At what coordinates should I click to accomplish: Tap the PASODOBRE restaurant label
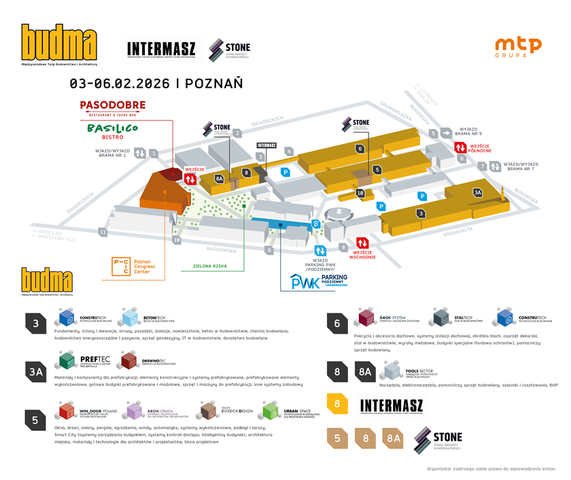coord(113,107)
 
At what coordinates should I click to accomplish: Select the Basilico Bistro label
coord(113,131)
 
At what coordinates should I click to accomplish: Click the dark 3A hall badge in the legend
coord(35,371)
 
